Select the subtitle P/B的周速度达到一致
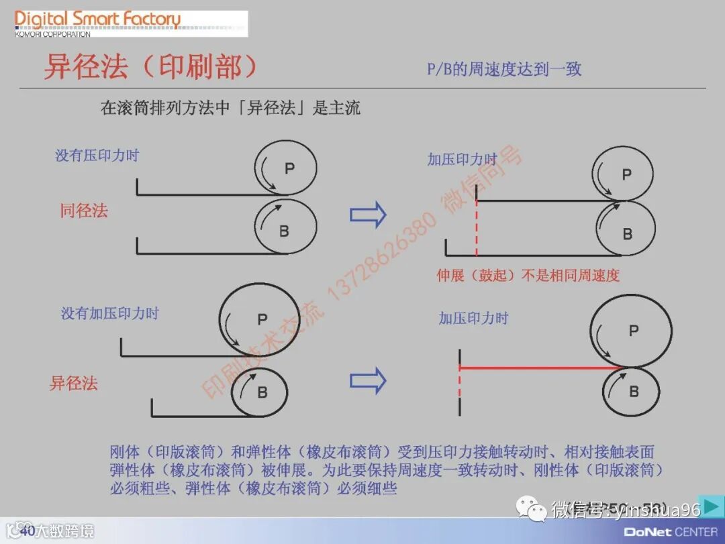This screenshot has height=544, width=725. point(504,69)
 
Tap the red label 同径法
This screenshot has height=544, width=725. point(84,211)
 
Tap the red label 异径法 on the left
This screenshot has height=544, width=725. point(74,384)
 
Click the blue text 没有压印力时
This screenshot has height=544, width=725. point(97,156)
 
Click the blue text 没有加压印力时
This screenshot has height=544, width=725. point(110,313)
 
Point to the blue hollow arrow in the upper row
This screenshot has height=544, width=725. point(368,215)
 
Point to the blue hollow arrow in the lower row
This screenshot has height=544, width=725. point(368,381)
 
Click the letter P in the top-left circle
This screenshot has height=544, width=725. point(289,168)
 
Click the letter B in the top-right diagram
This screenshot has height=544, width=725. point(627,234)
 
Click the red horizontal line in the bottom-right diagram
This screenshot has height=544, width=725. point(537,368)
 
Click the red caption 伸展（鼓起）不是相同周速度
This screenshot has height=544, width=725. point(528,275)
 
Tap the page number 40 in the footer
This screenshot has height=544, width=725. point(27,531)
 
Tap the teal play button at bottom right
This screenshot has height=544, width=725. point(711,506)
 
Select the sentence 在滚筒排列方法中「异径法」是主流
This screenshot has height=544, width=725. point(230,108)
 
